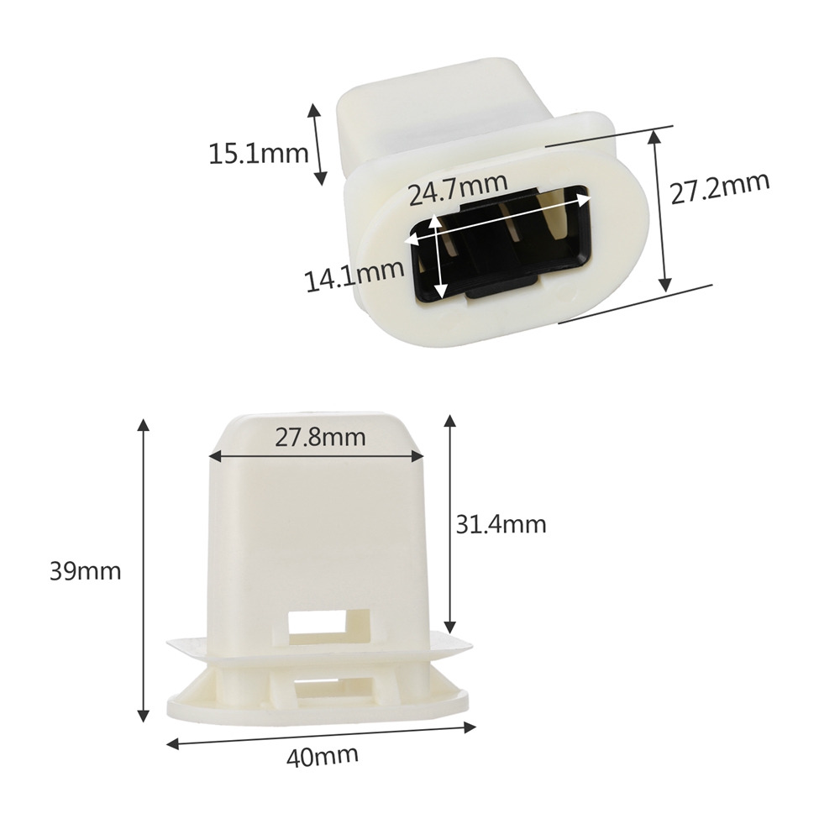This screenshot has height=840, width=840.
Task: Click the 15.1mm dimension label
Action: [258, 154]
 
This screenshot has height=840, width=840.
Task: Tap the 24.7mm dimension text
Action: [458, 188]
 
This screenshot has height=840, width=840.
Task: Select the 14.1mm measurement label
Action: [354, 276]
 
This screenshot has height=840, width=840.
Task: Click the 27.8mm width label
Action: [320, 438]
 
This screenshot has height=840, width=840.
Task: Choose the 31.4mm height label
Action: [501, 524]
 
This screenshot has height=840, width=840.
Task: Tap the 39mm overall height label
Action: [85, 571]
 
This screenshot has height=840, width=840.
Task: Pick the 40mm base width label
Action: [322, 756]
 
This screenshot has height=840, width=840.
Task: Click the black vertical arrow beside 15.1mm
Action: [317, 144]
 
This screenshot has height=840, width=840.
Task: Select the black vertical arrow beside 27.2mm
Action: [659, 210]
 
